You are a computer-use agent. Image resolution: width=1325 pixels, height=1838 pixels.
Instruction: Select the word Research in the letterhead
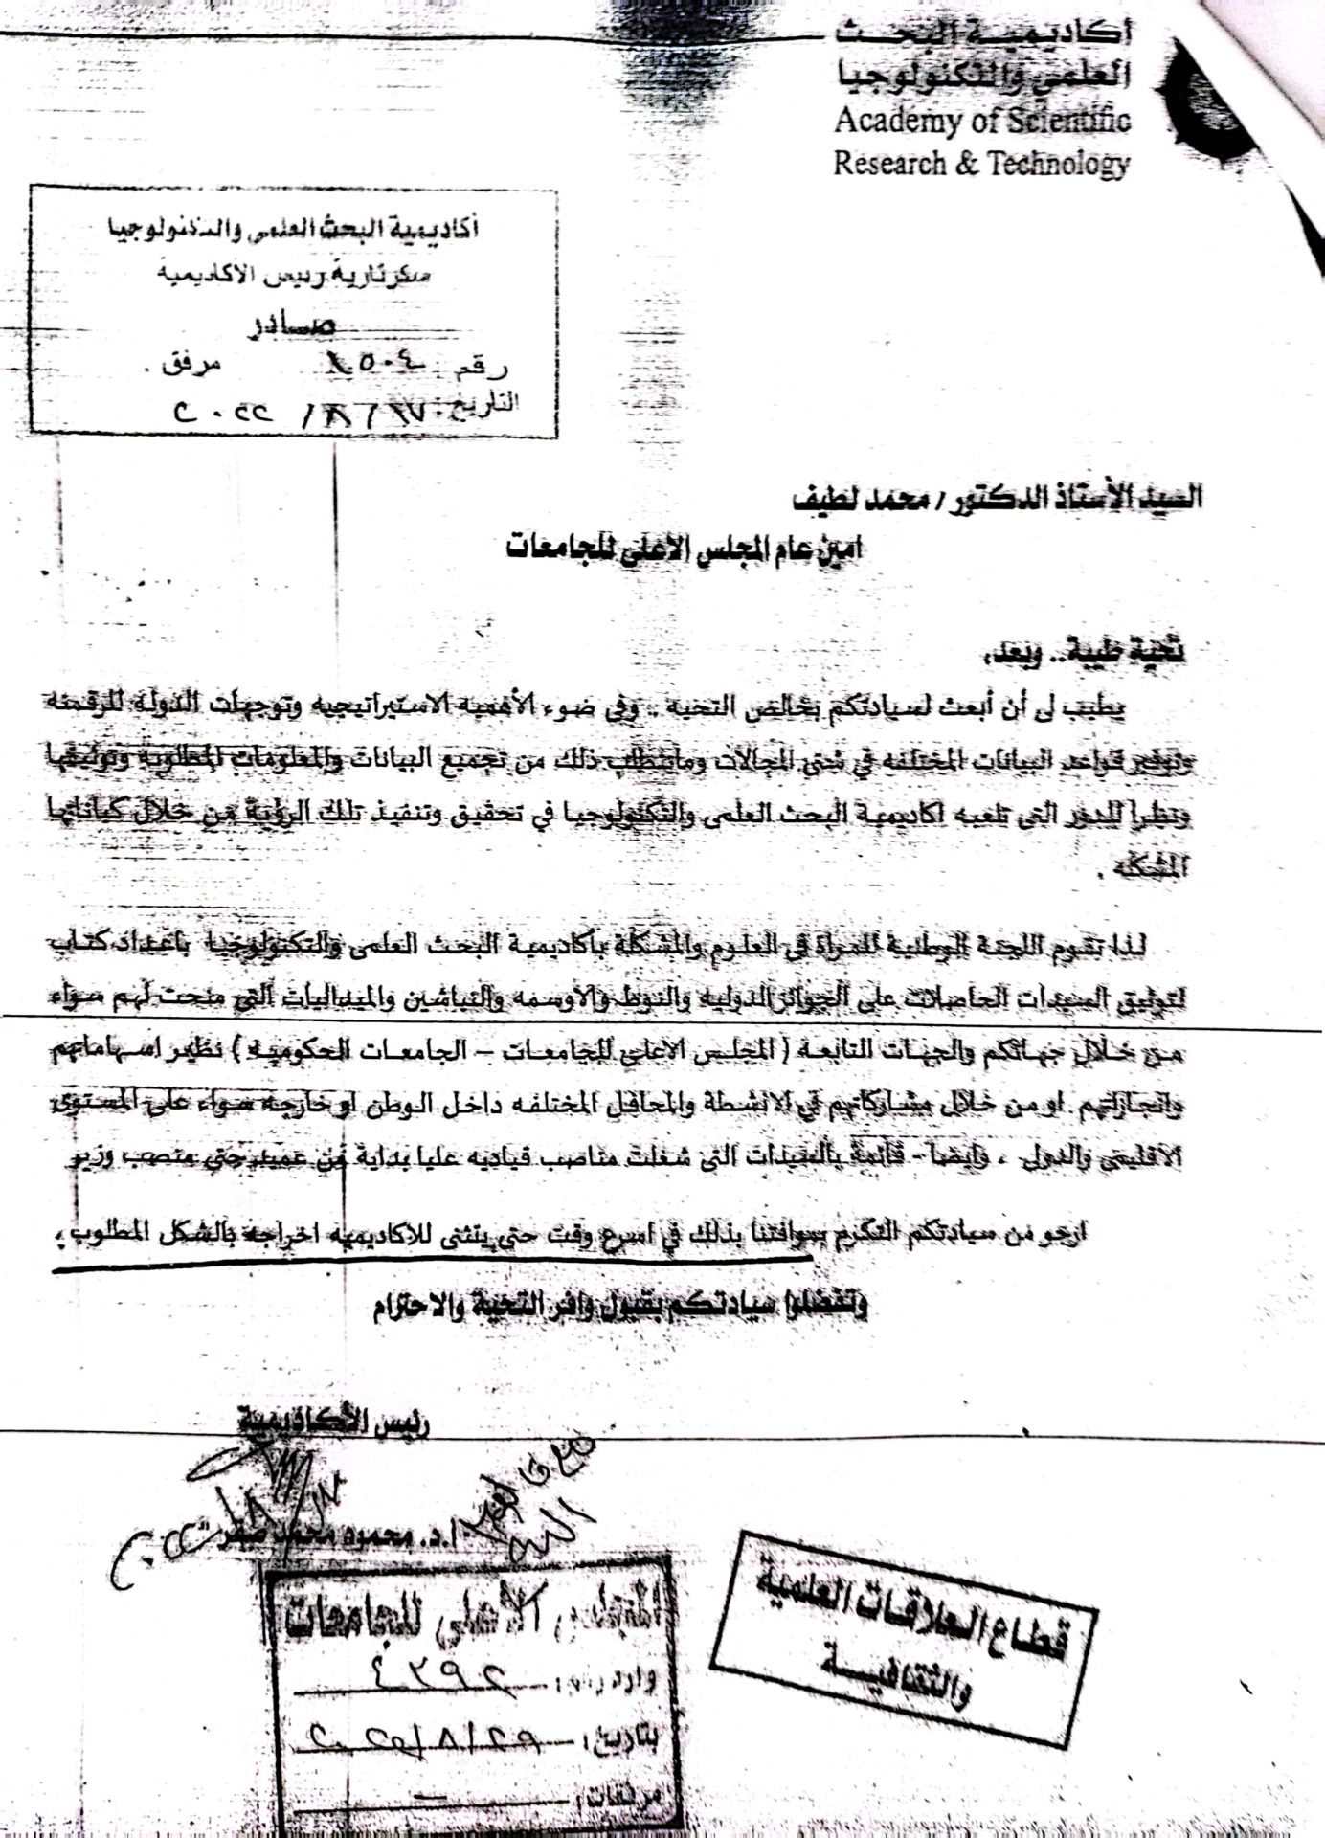887,164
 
